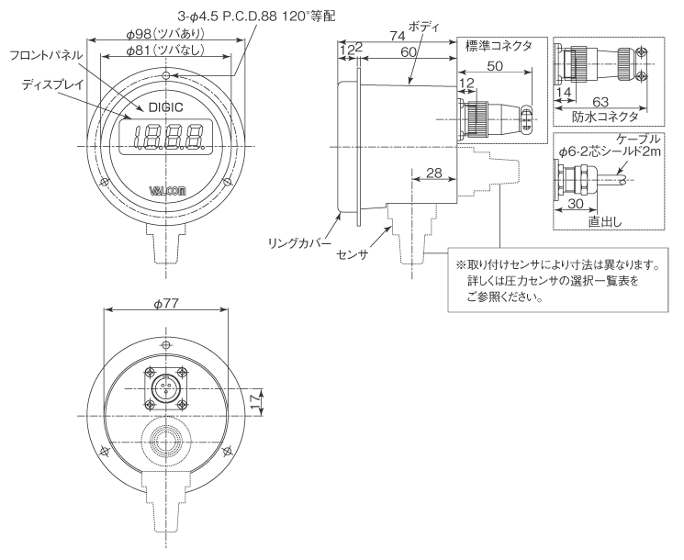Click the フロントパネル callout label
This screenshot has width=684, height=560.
click(46, 56)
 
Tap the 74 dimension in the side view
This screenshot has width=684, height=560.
click(397, 36)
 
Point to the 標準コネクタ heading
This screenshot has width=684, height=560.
click(499, 46)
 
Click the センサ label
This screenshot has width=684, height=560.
click(352, 252)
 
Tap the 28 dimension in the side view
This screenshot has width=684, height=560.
click(434, 174)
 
